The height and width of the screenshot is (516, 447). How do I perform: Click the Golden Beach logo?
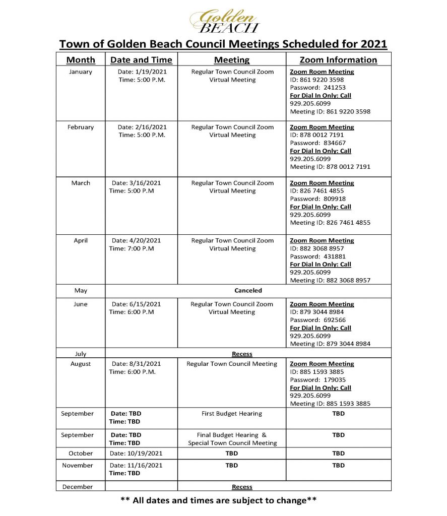coord(224,21)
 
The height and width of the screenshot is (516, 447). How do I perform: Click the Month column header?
coord(81,60)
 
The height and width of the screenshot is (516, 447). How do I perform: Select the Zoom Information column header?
coord(338,60)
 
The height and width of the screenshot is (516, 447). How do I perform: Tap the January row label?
coord(81,72)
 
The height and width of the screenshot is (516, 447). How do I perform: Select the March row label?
coord(81,183)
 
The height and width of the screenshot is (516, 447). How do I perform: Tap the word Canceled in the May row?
coord(248,291)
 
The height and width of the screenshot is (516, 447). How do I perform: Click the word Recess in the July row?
coord(242,354)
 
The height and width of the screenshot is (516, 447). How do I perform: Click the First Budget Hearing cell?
coord(232,414)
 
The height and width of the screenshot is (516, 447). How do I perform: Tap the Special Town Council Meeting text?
coord(232,443)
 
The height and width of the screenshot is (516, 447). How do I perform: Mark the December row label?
coord(78,487)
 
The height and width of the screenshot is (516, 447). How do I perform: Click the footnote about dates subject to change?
coord(218,501)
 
